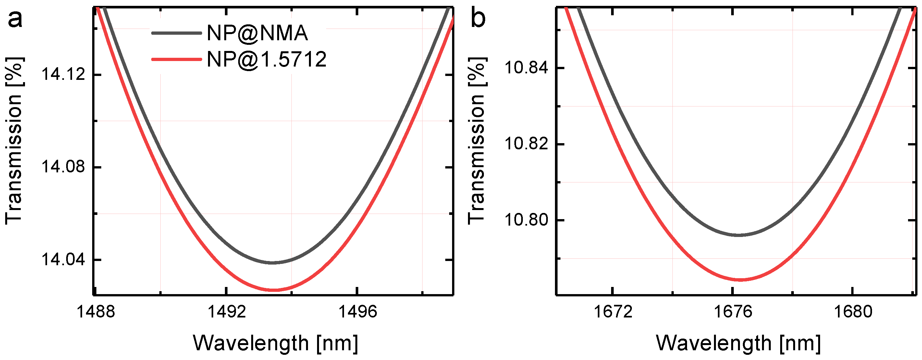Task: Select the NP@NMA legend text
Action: pyautogui.click(x=257, y=33)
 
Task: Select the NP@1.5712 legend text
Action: pyautogui.click(x=267, y=59)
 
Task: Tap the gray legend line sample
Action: pyautogui.click(x=177, y=33)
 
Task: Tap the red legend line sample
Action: pyautogui.click(x=177, y=59)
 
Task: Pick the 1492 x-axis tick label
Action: pyautogui.click(x=227, y=312)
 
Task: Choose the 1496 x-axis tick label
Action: pyautogui.click(x=358, y=312)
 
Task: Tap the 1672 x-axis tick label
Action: pyautogui.click(x=613, y=312)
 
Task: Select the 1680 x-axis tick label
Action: pyautogui.click(x=853, y=312)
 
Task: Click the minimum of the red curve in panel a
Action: pyautogui.click(x=273, y=290)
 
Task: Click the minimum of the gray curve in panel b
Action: pyautogui.click(x=739, y=235)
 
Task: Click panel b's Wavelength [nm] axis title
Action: pyautogui.click(x=738, y=343)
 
